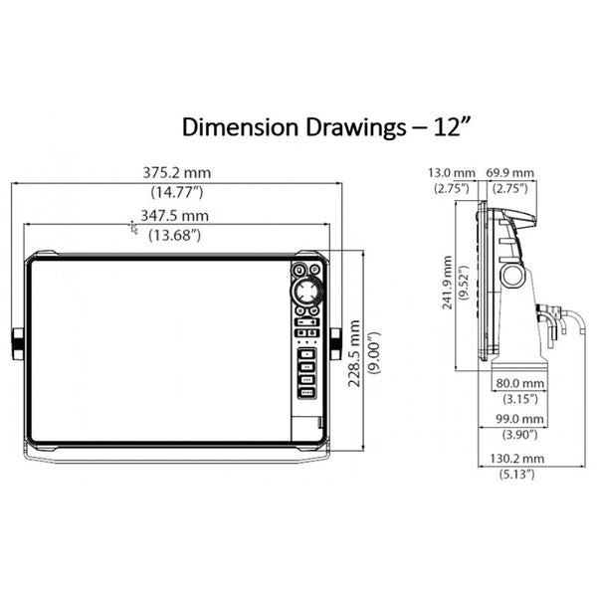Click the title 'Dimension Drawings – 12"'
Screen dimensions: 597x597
(326, 127)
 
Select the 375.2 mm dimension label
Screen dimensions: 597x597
(177, 173)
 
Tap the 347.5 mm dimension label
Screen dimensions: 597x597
(175, 216)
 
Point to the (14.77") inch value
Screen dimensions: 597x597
(177, 192)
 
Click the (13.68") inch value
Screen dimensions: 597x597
(175, 235)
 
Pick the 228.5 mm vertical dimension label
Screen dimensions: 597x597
(354, 353)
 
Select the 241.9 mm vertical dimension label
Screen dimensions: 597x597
(448, 283)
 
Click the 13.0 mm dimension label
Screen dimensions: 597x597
(452, 173)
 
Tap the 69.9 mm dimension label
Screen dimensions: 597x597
(509, 173)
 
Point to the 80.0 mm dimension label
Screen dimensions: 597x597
(520, 383)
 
